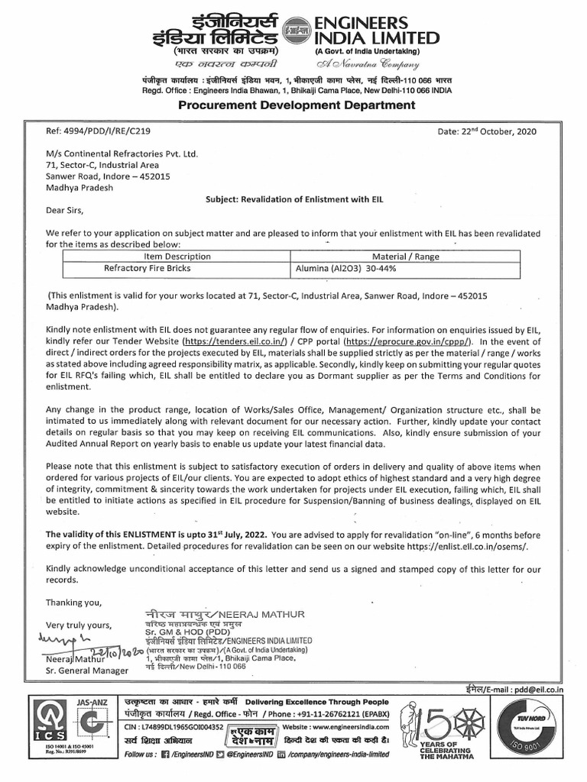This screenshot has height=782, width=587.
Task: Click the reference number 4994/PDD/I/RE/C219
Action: tap(90, 131)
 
